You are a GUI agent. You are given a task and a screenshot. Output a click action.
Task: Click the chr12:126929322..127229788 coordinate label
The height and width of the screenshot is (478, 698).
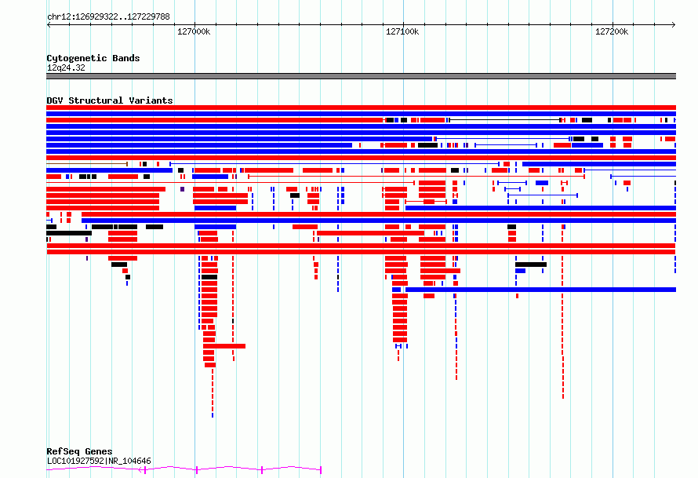coord(108,16)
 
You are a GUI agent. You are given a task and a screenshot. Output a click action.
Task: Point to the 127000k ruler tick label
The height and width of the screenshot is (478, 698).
coord(194,31)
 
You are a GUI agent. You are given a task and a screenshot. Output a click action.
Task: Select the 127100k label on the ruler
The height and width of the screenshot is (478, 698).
coord(402,31)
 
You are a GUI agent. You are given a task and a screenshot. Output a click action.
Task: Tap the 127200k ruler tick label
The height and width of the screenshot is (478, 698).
coord(612,31)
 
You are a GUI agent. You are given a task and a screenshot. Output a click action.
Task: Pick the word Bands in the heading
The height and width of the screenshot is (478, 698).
coord(126,58)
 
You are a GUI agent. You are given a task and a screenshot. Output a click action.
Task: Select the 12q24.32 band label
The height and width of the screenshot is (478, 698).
coord(66,68)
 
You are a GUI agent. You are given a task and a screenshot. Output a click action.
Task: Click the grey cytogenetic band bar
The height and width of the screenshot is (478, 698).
coord(361,76)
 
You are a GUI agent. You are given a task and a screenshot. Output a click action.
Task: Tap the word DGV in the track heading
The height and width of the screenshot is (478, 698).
coord(55,100)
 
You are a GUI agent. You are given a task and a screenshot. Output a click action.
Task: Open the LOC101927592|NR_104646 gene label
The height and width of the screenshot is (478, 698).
coord(99,461)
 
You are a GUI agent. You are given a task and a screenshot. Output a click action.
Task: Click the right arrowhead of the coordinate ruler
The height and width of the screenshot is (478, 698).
coord(674,25)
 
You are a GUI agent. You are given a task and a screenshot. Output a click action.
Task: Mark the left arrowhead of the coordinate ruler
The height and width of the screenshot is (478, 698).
coord(48,25)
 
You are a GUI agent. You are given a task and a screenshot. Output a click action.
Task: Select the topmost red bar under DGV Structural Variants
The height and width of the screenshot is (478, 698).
coord(361,108)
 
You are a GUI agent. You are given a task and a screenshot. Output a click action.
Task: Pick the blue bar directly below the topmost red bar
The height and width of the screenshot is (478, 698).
coord(361,114)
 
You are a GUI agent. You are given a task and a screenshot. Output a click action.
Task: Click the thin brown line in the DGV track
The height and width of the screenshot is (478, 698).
coord(87,164)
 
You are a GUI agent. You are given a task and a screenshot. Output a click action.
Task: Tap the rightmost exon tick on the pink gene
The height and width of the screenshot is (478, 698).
coord(321,470)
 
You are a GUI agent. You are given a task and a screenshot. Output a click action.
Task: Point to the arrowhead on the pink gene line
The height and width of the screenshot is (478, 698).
coord(140,469)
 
